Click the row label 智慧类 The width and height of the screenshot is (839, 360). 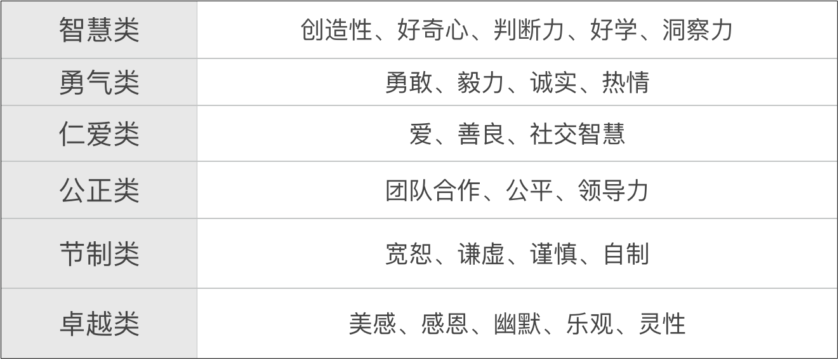(x=99, y=30)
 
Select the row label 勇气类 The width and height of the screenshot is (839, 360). (x=99, y=82)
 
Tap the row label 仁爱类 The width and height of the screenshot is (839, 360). (x=99, y=134)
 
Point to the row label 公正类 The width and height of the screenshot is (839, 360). (x=99, y=190)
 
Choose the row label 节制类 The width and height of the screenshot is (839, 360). (x=99, y=253)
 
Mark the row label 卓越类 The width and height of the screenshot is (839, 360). (x=99, y=323)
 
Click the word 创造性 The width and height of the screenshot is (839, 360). (x=336, y=30)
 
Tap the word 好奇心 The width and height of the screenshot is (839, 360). (x=433, y=30)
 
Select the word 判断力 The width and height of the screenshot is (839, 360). (x=529, y=30)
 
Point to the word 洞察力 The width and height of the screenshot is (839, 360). (x=697, y=30)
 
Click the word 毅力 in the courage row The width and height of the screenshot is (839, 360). (x=480, y=82)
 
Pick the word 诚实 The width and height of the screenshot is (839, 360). (x=553, y=82)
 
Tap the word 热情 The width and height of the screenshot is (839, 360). (x=626, y=82)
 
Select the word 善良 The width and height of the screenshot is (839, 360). (x=480, y=134)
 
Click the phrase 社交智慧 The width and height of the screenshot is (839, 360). (x=577, y=134)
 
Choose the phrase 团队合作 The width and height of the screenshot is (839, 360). (x=433, y=190)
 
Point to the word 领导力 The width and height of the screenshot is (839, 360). (x=613, y=190)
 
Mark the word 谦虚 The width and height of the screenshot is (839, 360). (x=480, y=253)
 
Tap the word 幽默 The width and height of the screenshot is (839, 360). (x=517, y=323)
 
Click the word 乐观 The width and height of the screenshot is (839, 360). (x=589, y=323)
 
